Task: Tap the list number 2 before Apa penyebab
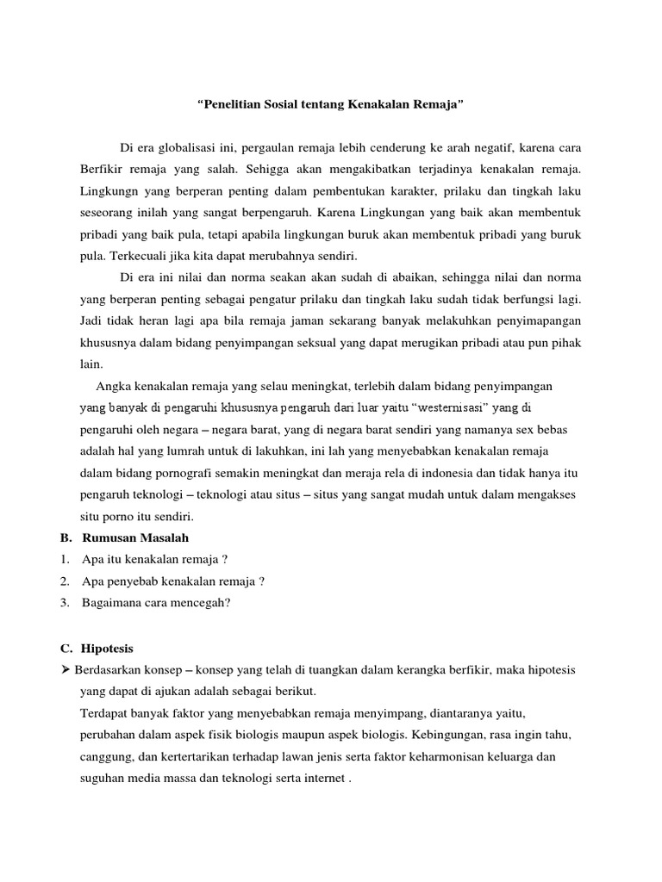click(65, 581)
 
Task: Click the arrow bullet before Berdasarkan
click(66, 669)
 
